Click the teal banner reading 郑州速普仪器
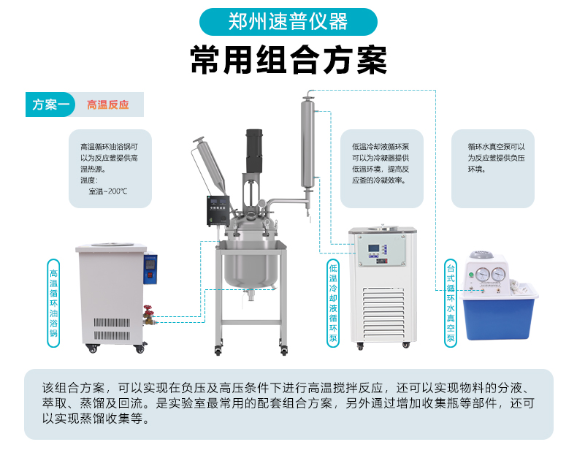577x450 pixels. tap(288, 22)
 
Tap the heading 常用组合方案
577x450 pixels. tap(288, 60)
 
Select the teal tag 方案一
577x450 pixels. tap(50, 104)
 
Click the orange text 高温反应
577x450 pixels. tap(108, 105)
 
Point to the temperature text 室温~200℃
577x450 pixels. tap(108, 191)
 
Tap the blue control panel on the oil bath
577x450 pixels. tap(150, 269)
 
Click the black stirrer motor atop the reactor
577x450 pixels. tap(254, 151)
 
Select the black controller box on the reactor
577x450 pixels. tap(218, 210)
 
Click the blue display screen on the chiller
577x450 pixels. tap(373, 248)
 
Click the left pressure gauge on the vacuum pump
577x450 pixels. tap(483, 275)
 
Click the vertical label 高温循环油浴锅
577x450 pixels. tap(53, 303)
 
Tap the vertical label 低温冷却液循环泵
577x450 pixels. tap(332, 303)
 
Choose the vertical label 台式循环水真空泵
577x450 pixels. tap(451, 303)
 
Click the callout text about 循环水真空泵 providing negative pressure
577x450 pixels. tap(496, 158)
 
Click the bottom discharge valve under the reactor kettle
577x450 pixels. tap(251, 294)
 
